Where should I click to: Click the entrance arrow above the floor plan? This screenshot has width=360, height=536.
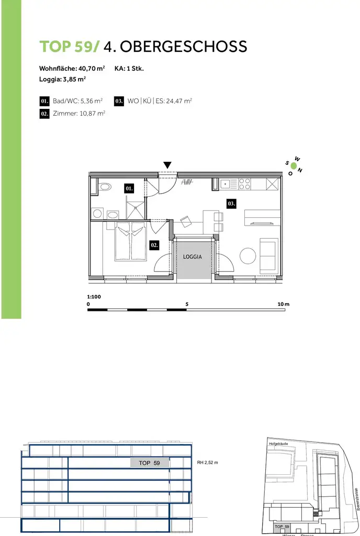coord(167,165)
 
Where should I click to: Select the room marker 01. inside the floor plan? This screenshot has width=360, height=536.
coord(129,187)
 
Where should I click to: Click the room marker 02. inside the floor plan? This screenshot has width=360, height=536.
coord(154,244)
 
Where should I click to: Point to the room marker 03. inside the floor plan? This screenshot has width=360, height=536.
coord(231,203)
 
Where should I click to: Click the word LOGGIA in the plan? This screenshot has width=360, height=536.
coord(193,257)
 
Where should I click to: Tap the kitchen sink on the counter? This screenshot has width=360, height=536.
coord(226,184)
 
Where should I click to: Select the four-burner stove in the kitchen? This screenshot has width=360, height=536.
coord(244,184)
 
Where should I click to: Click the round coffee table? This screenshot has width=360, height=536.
coord(248,256)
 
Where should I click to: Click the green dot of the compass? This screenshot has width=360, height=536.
coord(294,167)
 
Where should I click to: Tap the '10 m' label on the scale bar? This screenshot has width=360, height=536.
coord(284,304)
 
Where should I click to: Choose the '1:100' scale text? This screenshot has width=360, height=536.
coord(94,296)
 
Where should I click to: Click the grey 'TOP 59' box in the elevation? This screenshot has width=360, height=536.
coord(149,463)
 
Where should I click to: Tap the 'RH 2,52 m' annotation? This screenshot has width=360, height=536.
coord(207,463)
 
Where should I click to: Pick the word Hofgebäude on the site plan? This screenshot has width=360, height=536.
coord(278,444)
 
